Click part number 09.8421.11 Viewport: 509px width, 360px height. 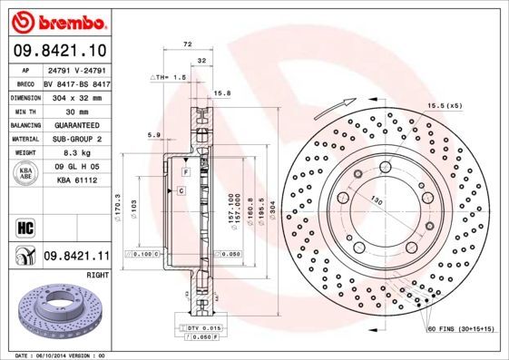(77, 257)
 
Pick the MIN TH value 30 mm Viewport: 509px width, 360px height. (76, 111)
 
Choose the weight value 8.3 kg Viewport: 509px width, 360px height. (76, 154)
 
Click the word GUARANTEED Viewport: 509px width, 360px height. (76, 125)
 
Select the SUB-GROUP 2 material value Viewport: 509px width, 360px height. (76, 140)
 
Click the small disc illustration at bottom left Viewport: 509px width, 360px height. (54, 314)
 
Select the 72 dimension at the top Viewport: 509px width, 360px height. (188, 44)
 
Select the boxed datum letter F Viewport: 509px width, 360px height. (184, 171)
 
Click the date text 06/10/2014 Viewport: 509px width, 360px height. (62, 355)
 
